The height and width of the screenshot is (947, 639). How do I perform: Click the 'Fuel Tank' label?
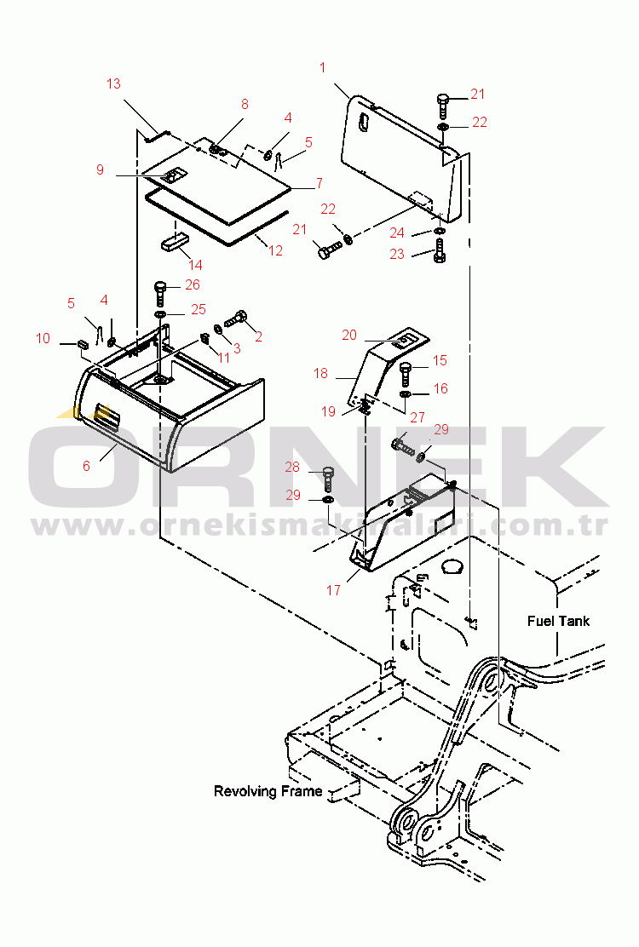point(558,621)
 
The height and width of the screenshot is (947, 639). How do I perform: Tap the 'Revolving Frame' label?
point(268,791)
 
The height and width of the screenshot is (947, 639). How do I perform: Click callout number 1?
point(323,67)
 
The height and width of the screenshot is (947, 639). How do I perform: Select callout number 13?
point(113,83)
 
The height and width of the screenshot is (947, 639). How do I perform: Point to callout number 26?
point(192,284)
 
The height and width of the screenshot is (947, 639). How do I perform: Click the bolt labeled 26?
point(161,293)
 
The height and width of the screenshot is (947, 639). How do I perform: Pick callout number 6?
point(86,466)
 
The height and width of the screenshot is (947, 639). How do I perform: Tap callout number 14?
point(195,265)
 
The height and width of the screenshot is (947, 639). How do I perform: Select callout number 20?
point(349,335)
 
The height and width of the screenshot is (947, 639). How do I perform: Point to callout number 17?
point(333,590)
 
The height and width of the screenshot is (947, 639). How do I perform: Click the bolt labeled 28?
point(327,478)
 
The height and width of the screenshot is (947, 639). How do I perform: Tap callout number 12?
point(275,250)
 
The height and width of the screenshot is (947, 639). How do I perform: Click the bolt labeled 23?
point(439,251)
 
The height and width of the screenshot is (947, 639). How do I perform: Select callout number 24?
point(397,232)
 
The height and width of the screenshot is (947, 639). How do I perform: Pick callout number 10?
point(43,338)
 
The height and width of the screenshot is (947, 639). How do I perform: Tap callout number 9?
point(101,169)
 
